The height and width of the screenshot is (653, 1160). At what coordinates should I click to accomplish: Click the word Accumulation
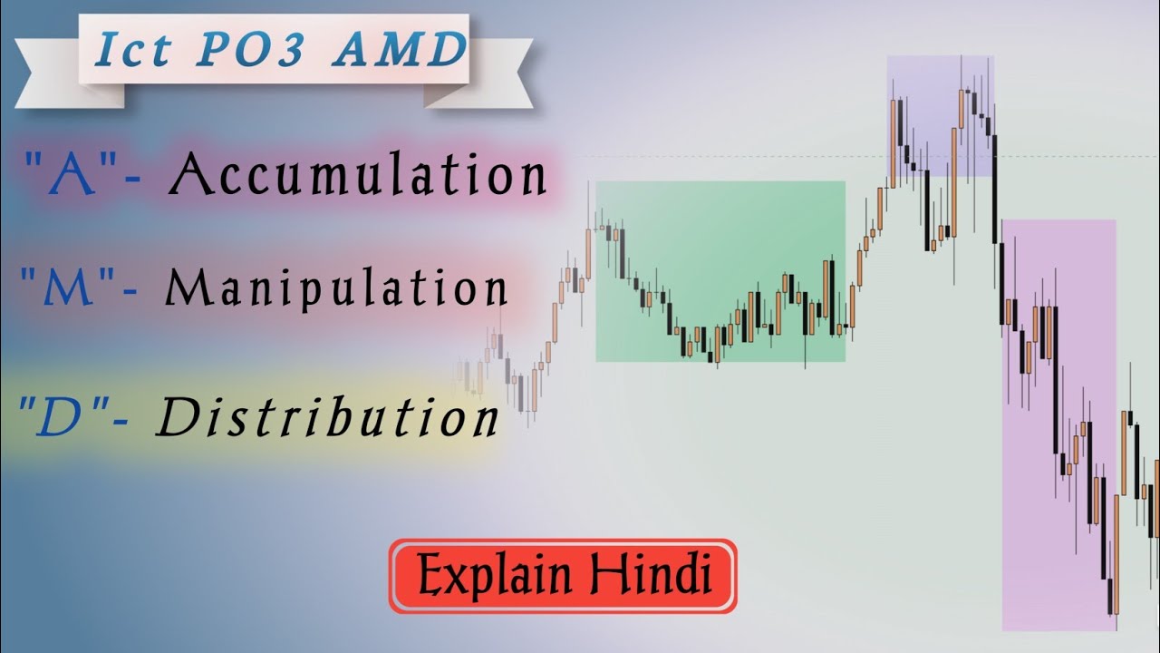coord(357,176)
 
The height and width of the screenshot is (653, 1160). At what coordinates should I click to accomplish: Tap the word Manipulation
coord(336,288)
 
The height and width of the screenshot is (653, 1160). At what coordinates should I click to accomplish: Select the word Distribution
coord(327,419)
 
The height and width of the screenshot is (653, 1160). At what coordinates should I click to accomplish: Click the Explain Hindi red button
coord(563,576)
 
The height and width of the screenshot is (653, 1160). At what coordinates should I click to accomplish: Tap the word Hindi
coord(649,575)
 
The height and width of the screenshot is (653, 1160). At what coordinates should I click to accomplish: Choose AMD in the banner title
coord(399,51)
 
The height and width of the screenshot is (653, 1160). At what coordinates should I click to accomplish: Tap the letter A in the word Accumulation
coord(188,176)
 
